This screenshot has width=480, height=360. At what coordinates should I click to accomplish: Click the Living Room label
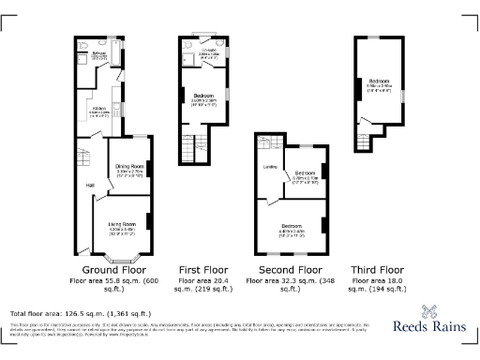[122, 224]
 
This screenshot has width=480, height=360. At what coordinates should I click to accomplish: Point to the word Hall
[90, 185]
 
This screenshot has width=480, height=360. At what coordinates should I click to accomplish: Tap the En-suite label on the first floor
[208, 52]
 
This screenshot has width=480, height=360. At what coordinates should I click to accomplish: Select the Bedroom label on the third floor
[379, 82]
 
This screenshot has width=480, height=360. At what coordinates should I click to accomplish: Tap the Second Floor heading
[292, 269]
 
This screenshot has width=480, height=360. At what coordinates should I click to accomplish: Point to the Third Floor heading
[380, 269]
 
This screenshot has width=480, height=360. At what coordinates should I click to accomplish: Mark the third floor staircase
[364, 140]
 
